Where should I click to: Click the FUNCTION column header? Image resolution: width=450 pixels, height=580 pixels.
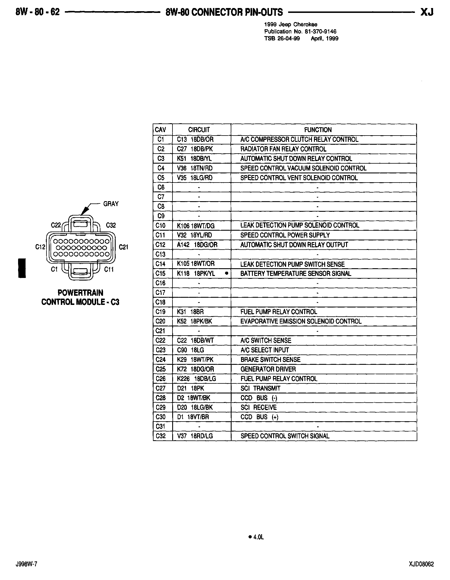click(x=318, y=130)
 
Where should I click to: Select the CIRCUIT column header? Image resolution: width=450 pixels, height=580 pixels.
click(x=199, y=130)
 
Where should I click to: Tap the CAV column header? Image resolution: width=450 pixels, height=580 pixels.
click(x=160, y=130)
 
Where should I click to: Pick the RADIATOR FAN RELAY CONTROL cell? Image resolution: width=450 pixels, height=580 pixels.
click(x=283, y=149)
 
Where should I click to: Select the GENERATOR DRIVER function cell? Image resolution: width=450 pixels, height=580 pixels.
click(x=268, y=369)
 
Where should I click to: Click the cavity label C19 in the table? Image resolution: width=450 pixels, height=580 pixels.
click(x=161, y=312)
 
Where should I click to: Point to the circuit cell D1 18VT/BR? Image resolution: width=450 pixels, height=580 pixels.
click(x=193, y=417)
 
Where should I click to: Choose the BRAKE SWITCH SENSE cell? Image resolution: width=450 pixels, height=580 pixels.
click(x=270, y=360)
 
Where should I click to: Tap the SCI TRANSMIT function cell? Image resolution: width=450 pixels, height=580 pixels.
click(x=260, y=389)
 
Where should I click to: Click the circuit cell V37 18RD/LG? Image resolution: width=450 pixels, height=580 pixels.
click(x=195, y=436)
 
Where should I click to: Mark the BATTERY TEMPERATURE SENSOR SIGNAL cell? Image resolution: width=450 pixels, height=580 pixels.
click(x=296, y=274)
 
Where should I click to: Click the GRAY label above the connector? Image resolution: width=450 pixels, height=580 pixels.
click(x=111, y=204)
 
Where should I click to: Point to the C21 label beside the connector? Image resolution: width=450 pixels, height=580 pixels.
click(x=123, y=247)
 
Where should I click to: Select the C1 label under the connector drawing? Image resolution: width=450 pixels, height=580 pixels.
click(x=54, y=269)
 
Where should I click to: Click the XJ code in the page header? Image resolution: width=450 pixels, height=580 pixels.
click(x=427, y=12)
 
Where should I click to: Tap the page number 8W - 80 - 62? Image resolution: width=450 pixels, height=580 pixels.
click(x=38, y=12)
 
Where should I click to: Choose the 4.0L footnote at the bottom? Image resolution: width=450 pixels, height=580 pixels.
click(x=256, y=537)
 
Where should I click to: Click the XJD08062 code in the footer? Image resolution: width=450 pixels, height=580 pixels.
click(x=421, y=565)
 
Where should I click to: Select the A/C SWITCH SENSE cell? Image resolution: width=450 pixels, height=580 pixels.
click(x=266, y=341)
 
